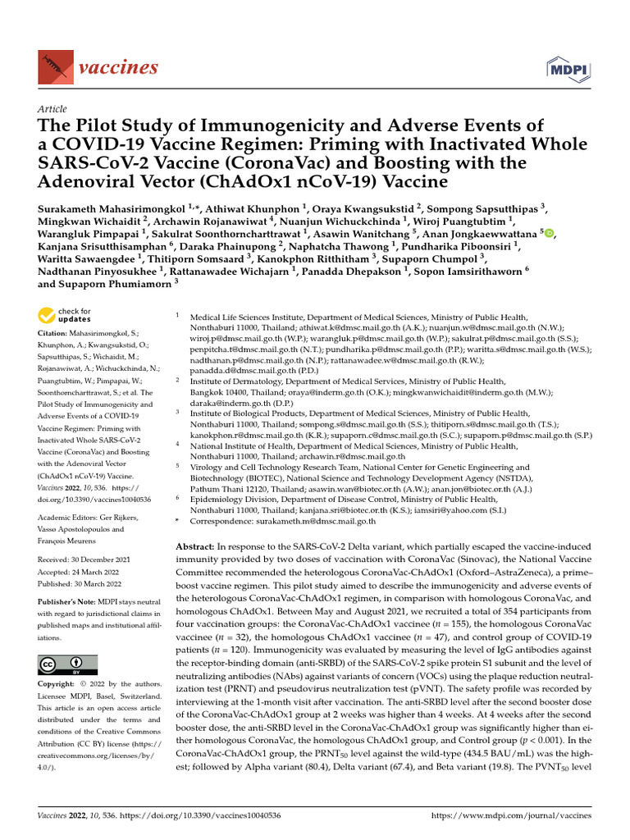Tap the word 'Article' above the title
click(52, 109)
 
